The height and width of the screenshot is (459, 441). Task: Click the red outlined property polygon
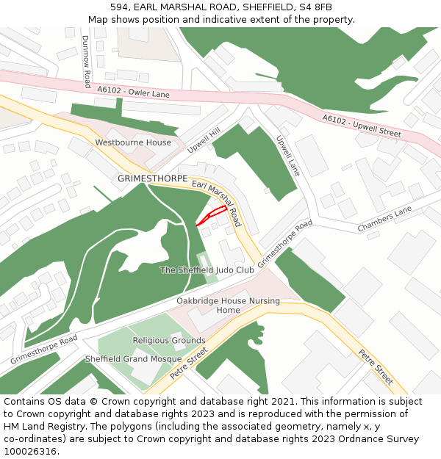click(x=211, y=215)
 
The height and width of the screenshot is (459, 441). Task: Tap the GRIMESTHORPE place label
click(x=152, y=178)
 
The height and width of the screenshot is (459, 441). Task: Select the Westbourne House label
click(x=133, y=142)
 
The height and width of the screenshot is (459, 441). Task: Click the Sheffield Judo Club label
click(x=207, y=270)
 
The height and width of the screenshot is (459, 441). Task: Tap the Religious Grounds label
click(x=169, y=341)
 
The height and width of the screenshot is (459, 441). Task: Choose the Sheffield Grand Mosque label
click(x=133, y=359)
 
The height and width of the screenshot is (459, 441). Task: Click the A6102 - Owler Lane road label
click(x=133, y=92)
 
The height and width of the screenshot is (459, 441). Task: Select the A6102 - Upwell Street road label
click(x=362, y=125)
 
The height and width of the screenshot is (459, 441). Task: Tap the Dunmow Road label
click(x=87, y=62)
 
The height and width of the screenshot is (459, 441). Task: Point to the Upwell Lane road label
click(x=288, y=156)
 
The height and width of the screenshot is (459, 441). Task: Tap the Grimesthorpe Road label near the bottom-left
click(x=43, y=350)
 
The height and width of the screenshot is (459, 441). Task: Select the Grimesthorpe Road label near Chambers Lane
click(x=285, y=243)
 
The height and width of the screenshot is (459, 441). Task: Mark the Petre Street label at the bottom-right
click(x=376, y=366)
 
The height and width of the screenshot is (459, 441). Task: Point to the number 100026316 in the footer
click(x=30, y=452)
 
